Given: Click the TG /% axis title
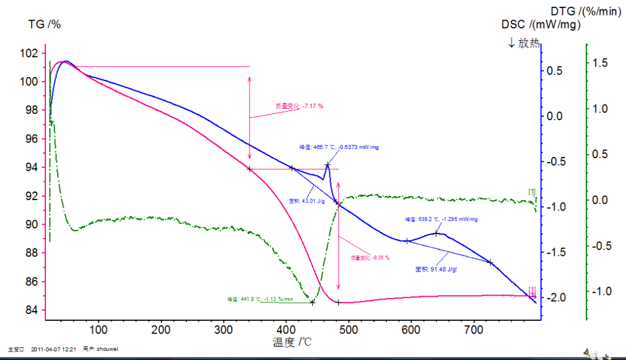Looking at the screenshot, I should [45, 24].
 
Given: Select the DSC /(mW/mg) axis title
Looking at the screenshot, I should [540, 24].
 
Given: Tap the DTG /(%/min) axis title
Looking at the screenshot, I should [586, 11].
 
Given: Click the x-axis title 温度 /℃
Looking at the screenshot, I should [292, 343].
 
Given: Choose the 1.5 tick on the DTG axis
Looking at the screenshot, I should [600, 63].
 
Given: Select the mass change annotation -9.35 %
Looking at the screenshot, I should [370, 258].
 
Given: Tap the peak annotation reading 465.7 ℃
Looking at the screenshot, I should [339, 147].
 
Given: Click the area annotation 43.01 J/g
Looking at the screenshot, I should [307, 201].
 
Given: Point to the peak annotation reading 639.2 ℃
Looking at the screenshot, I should [441, 219].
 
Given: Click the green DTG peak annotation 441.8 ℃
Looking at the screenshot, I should [260, 299].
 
